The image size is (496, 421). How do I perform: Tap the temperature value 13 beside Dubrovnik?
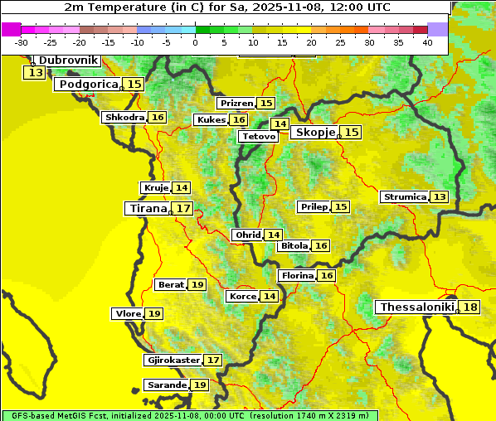[x=35, y=73]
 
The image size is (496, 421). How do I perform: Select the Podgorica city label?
[x=88, y=85]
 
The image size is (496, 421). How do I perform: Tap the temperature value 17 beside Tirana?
[x=183, y=208]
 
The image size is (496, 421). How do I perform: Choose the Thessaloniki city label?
[x=416, y=307]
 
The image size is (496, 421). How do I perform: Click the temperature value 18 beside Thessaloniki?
[x=470, y=307]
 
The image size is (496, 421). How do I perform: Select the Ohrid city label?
[x=248, y=235]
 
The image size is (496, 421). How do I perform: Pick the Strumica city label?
[x=405, y=197]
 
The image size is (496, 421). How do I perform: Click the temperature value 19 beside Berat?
[x=197, y=285]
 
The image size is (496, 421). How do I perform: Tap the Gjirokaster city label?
[x=173, y=361]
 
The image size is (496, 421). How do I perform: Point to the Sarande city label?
[x=166, y=385]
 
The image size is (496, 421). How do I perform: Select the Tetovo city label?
[x=259, y=136]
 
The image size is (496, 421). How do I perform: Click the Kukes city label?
[x=211, y=120]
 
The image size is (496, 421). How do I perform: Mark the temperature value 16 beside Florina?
[x=327, y=275]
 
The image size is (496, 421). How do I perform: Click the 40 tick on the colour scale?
[x=427, y=42]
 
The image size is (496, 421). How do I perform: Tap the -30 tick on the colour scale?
[x=22, y=42]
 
